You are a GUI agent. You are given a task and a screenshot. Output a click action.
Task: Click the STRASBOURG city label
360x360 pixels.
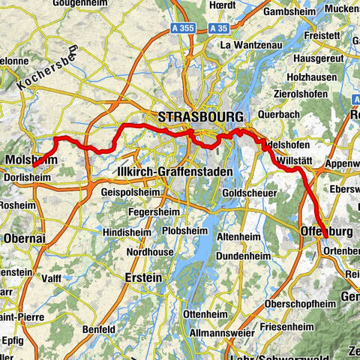click(x=200, y=117)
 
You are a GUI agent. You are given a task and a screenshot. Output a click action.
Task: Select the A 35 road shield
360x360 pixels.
click(x=218, y=28)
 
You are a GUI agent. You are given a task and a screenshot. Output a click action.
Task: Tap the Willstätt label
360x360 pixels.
click(x=295, y=160)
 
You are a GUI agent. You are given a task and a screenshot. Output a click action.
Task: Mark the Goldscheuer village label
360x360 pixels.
click(x=247, y=193)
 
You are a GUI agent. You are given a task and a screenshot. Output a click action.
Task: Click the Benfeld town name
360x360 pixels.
click(x=100, y=329)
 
